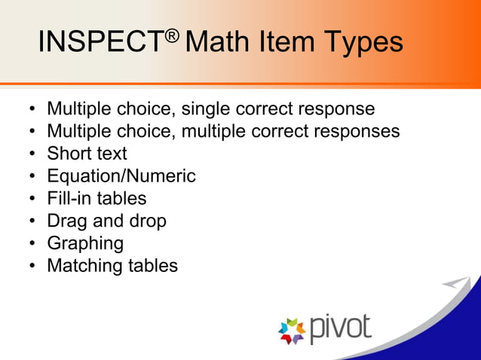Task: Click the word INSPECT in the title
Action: [100, 42]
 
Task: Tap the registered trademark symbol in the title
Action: [172, 34]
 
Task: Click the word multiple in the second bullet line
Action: [216, 132]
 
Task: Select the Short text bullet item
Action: [87, 154]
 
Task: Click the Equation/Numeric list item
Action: [121, 176]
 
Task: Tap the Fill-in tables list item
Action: [97, 199]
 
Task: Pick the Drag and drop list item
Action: [106, 221]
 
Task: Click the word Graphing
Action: [85, 244]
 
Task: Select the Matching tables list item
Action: [112, 266]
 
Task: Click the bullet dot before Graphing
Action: [32, 244]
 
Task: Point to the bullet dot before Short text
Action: [32, 154]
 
